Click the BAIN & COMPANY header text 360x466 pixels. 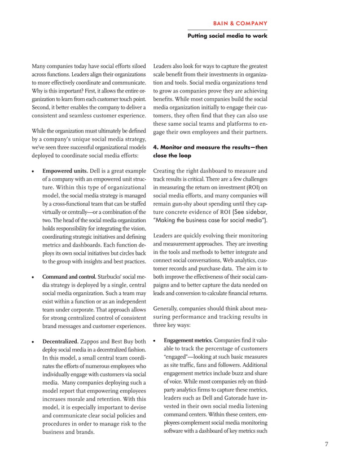pos(240,23)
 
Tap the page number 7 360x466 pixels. pos(326,443)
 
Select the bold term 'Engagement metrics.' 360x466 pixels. pos(188,341)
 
